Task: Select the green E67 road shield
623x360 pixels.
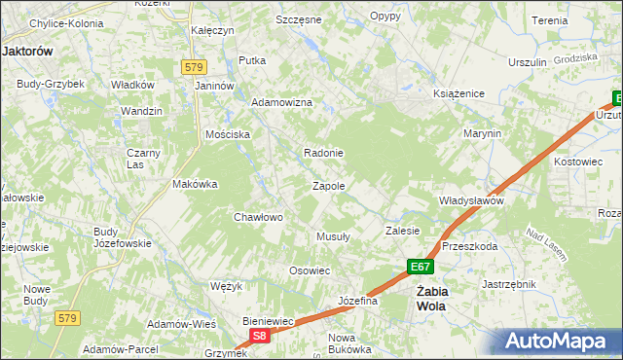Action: tap(419, 267)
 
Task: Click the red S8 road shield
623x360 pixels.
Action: tap(258, 336)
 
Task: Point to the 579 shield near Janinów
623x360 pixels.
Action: tap(193, 66)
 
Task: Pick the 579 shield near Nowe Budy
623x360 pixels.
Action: tap(66, 318)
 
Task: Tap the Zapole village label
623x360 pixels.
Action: tap(329, 185)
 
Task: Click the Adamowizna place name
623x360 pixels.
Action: tap(281, 102)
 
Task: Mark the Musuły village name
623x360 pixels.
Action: tap(333, 235)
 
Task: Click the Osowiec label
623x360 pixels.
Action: tap(311, 270)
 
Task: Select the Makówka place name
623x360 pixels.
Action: tap(194, 183)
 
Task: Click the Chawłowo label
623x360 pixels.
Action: tap(258, 217)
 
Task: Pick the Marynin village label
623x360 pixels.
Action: tap(482, 133)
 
